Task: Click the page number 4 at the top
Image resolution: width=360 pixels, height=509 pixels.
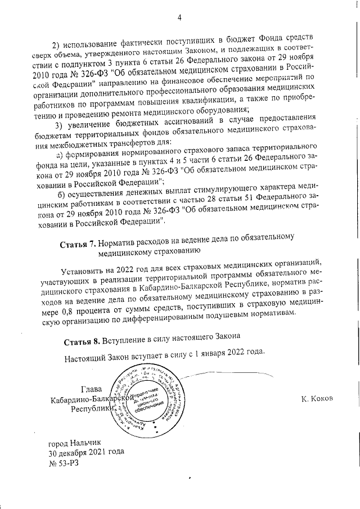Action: [179, 17]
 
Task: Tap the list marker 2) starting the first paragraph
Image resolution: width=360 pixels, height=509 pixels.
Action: [56, 45]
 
